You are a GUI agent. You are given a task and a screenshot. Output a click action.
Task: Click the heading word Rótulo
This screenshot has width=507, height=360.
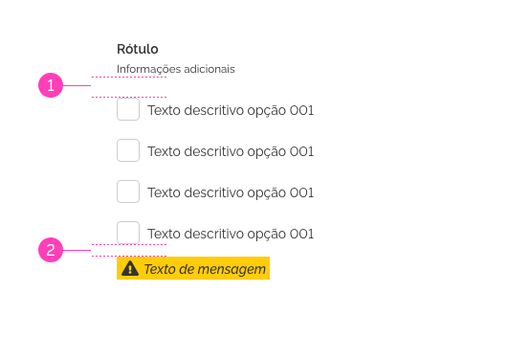[x=138, y=49]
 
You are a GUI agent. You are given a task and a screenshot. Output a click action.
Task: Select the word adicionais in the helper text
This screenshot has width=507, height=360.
[x=208, y=69]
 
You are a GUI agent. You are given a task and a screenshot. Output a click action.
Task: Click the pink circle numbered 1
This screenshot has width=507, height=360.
[x=51, y=85]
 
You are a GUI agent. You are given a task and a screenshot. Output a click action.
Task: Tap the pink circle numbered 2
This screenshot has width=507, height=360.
[x=51, y=251]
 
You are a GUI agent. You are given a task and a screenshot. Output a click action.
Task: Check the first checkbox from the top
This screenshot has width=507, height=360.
[x=128, y=109]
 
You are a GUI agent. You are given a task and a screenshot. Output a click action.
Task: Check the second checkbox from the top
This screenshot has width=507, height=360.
[x=128, y=150]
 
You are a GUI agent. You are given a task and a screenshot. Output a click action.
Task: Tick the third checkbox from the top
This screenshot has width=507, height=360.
[x=128, y=191]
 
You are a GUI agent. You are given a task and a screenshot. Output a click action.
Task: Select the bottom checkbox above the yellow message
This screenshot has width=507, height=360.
[x=128, y=233]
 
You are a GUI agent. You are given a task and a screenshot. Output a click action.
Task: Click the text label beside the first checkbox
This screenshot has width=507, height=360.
[x=231, y=110]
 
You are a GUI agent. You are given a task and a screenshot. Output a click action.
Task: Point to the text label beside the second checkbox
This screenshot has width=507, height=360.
[x=231, y=151]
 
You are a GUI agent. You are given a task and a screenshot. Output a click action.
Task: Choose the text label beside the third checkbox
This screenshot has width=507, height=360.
[x=231, y=192]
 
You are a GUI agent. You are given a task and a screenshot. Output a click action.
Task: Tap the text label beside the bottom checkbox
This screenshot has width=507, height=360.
[x=231, y=234]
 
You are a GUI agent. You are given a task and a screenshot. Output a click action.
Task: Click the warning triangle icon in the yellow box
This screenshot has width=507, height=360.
[x=130, y=269]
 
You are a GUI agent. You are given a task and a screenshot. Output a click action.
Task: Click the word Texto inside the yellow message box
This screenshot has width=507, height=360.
[x=159, y=269]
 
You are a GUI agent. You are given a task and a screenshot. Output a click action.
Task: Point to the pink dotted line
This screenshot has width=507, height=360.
[x=129, y=78]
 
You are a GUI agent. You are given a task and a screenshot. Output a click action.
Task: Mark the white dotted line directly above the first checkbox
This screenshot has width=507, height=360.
[x=129, y=97]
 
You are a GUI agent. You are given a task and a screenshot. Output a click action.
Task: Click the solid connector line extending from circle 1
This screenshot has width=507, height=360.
[x=77, y=85]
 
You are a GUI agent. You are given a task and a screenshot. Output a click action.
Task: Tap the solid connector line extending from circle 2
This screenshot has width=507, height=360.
[x=77, y=251]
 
